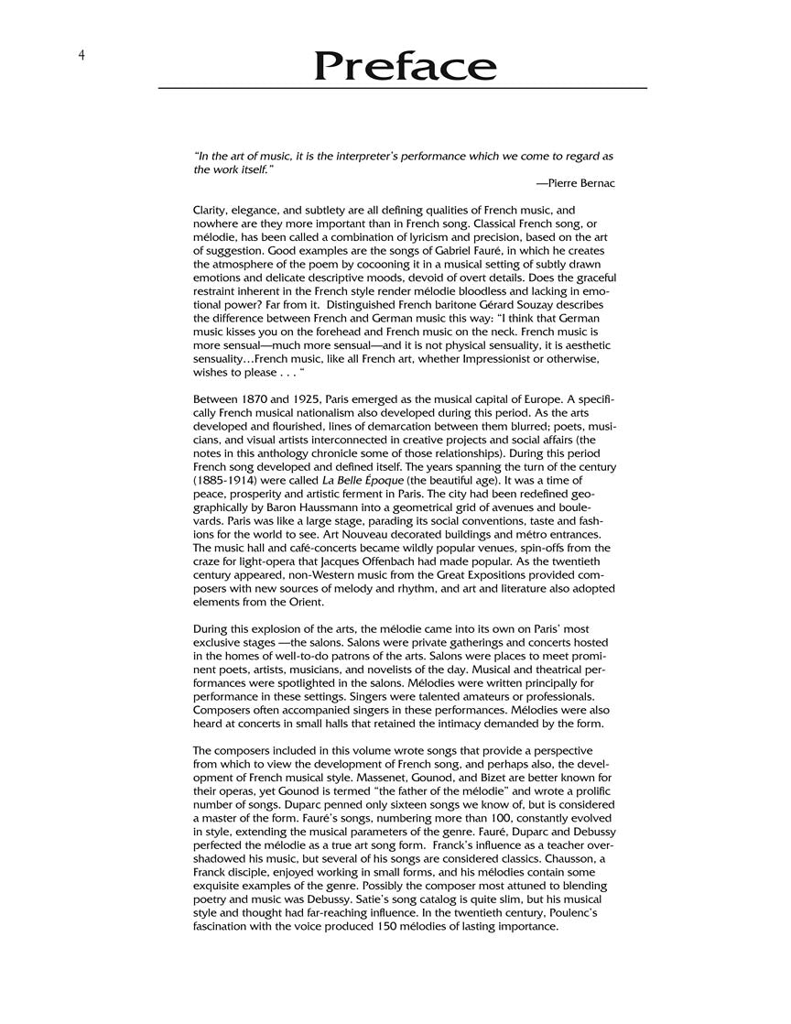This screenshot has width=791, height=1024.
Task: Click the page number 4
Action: point(81,55)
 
